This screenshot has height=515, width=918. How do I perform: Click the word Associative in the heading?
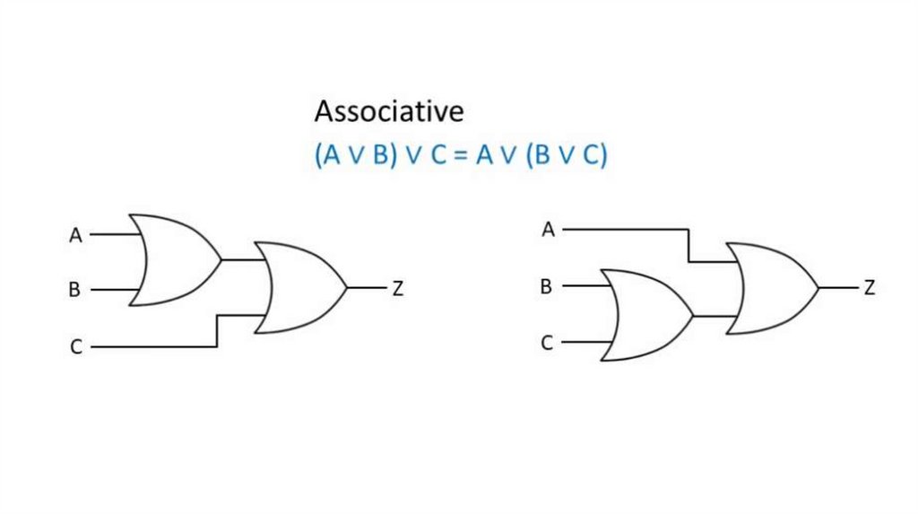pyautogui.click(x=389, y=112)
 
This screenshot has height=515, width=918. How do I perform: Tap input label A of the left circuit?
pyautogui.click(x=75, y=236)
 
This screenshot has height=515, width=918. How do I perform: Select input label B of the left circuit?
pyautogui.click(x=74, y=291)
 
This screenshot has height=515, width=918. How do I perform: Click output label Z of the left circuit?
pyautogui.click(x=397, y=289)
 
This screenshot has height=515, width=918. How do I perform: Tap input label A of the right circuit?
pyautogui.click(x=548, y=231)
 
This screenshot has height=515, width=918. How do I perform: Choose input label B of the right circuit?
pyautogui.click(x=545, y=287)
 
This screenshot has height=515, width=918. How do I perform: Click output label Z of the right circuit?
pyautogui.click(x=869, y=288)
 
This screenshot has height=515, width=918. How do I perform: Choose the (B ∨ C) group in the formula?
pyautogui.click(x=567, y=155)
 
